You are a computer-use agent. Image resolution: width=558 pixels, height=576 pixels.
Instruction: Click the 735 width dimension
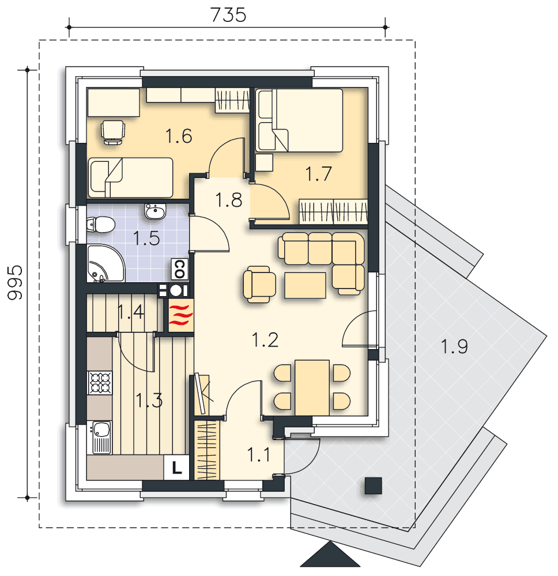point(228,15)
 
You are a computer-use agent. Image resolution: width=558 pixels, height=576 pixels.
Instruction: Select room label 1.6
point(178,137)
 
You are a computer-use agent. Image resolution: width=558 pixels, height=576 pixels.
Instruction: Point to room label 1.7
point(318,173)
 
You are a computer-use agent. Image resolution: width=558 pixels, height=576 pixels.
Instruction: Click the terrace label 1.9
point(454,346)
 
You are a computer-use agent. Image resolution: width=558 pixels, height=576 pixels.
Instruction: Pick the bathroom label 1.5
point(146,238)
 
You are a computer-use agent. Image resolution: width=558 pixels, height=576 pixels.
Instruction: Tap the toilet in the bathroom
point(99,224)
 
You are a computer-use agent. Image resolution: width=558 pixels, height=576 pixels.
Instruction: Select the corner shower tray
point(104,264)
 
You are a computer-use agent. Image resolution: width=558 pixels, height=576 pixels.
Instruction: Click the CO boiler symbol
point(179,267)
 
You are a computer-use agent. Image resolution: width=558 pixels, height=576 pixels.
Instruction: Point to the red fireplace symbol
point(180,316)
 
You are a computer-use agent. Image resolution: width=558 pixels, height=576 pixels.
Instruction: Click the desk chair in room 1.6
point(112,131)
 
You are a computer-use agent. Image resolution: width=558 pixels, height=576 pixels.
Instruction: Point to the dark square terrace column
point(373,486)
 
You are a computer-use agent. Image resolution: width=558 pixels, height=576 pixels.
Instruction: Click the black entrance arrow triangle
point(330,556)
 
